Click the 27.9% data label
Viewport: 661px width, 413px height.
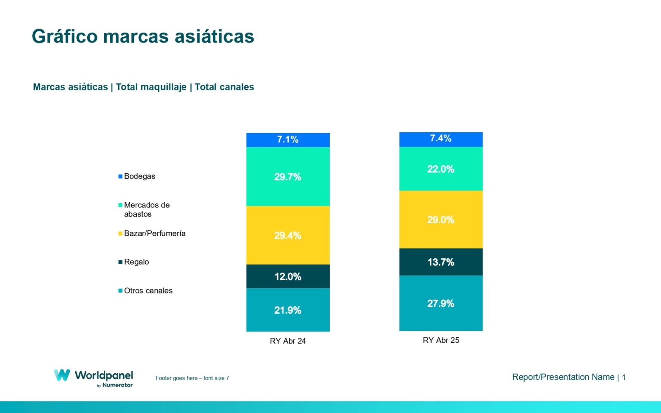(x=440, y=303)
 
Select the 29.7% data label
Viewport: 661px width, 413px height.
(x=288, y=177)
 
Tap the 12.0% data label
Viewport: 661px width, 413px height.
(x=288, y=277)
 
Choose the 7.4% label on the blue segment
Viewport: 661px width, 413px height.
(x=440, y=138)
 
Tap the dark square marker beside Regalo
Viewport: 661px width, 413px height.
(x=120, y=262)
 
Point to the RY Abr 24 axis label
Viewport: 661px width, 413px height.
(x=288, y=341)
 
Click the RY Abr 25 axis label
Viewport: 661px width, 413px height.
(x=440, y=340)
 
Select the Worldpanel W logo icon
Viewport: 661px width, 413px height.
(x=62, y=375)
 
